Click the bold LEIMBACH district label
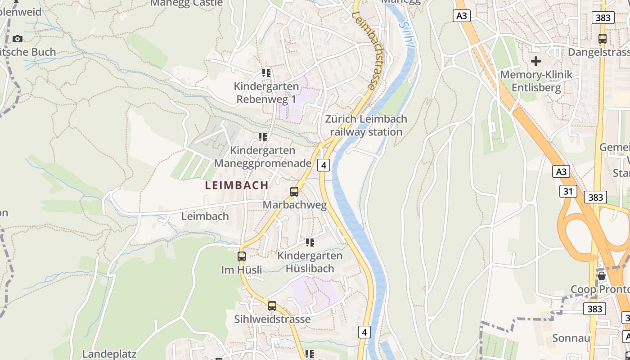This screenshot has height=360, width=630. coord(237,185)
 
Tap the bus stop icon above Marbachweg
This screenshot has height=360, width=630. coord(294,192)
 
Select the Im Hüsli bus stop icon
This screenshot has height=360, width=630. coord(242,256)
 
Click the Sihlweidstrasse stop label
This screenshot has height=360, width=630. coord(272,319)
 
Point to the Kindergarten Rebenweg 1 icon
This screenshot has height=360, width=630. coord(266,72)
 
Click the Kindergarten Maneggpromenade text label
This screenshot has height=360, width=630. coord(263,157)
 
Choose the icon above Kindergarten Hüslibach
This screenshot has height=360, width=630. coord(310,243)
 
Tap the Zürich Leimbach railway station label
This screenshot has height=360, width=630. coord(366,126)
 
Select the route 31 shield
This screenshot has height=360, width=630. coord(568,191)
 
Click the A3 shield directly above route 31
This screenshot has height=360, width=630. coord(561,171)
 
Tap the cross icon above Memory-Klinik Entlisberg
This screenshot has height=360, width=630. coord(536,61)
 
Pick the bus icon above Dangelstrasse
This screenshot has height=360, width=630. coord(603,39)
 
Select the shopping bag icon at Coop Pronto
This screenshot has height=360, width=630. coord(601,275)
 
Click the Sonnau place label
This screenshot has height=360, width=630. coord(571,338)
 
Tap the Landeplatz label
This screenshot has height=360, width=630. coord(109,354)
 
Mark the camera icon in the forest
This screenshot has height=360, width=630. coord(18,39)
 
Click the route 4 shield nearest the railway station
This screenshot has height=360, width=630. coord(323,165)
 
